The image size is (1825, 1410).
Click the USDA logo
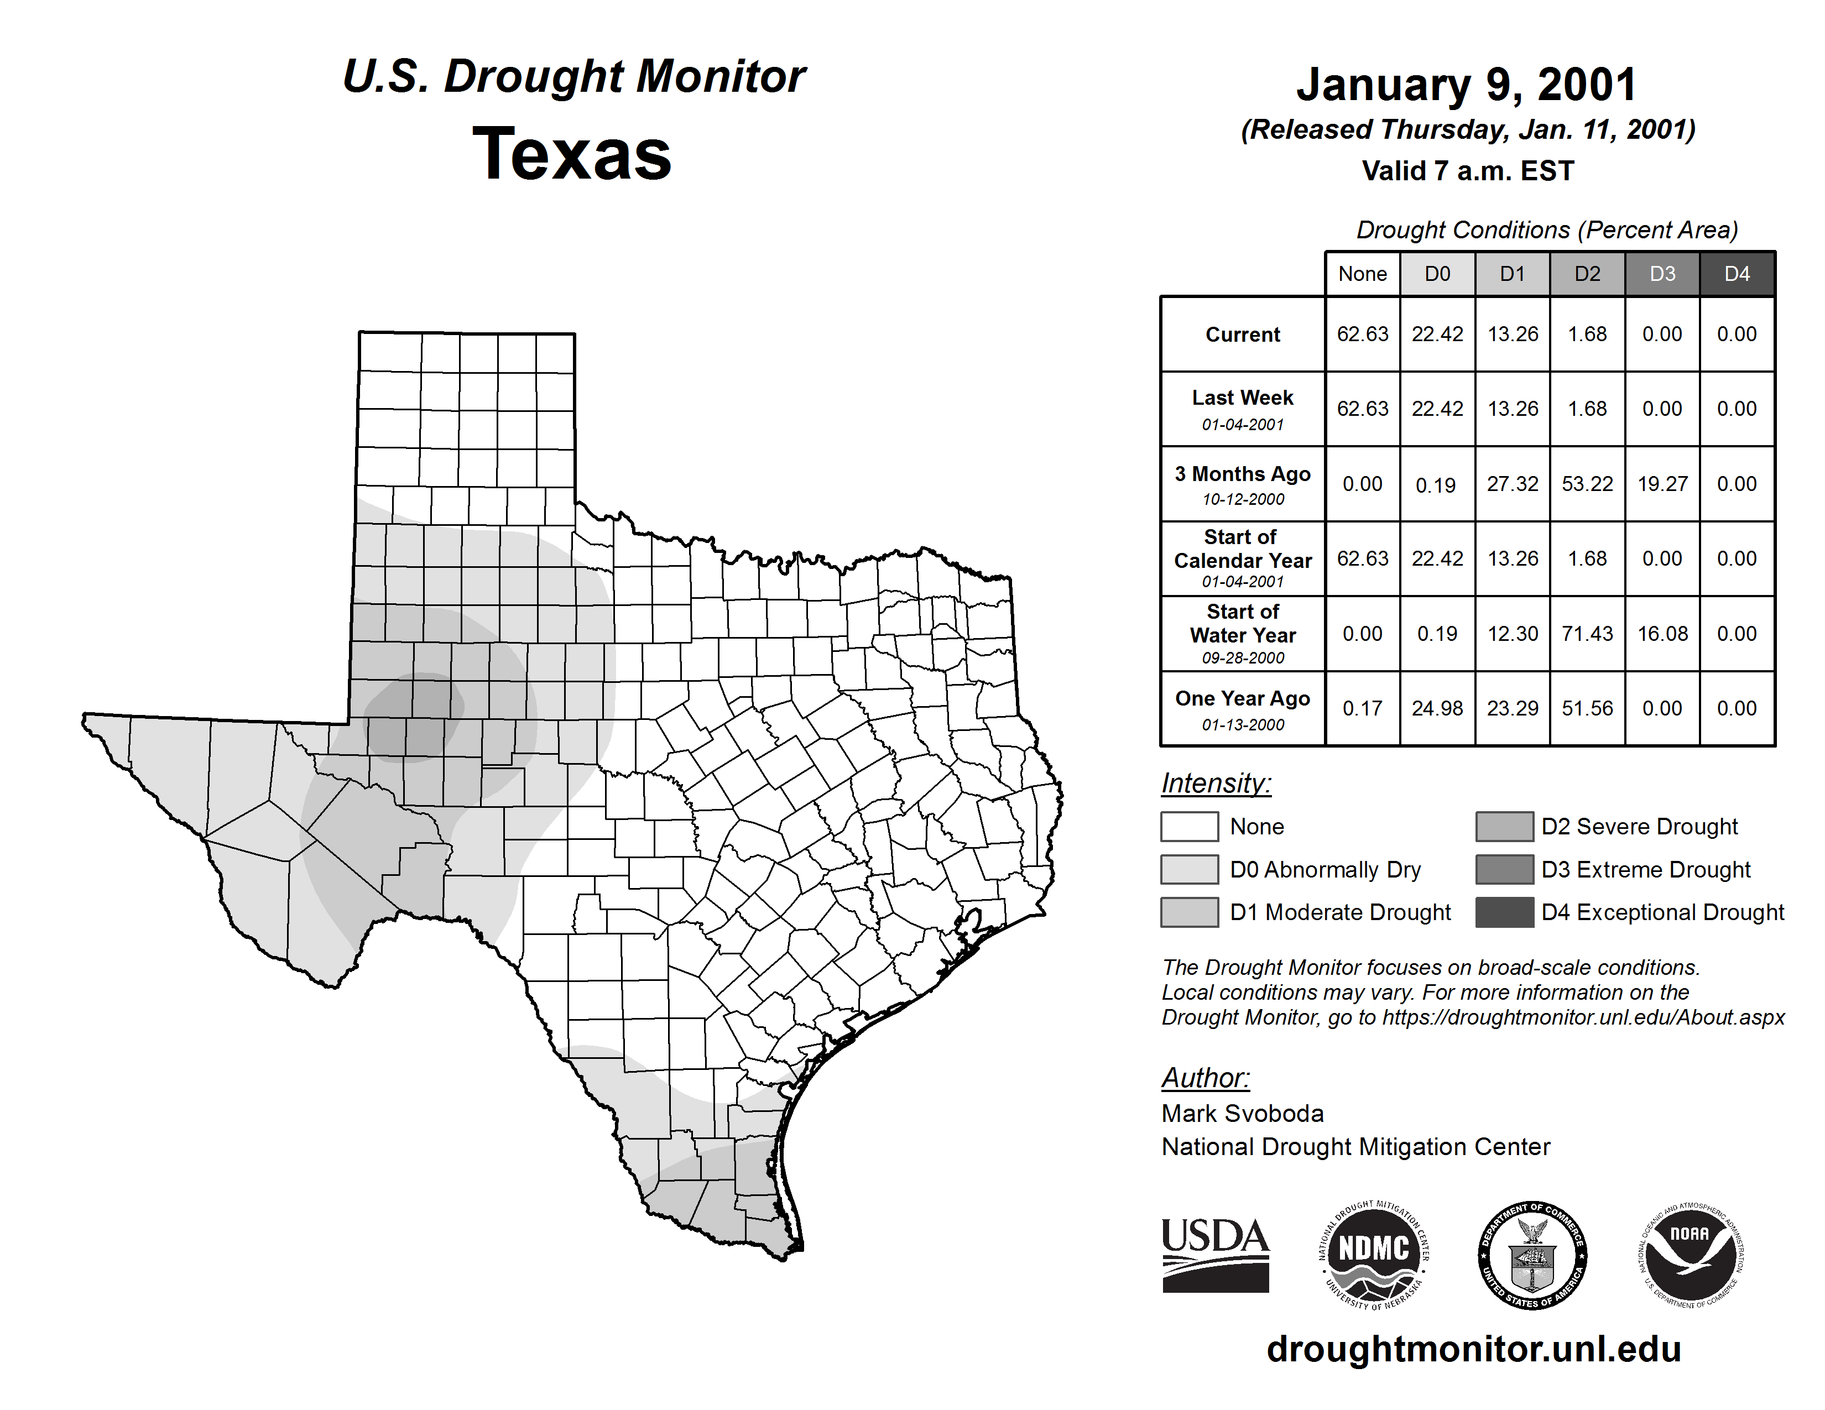click(1215, 1255)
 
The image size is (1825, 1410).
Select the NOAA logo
click(1690, 1255)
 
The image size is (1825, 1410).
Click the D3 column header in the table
click(1662, 274)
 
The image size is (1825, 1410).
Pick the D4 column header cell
click(1737, 274)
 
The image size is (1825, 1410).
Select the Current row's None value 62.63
click(1362, 334)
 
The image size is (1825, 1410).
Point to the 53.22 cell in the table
click(1587, 484)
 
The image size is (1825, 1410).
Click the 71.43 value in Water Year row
click(1587, 634)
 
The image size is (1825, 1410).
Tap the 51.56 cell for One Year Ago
click(1587, 708)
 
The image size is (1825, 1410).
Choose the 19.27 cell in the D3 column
click(1662, 484)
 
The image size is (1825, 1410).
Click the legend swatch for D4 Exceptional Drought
click(1504, 912)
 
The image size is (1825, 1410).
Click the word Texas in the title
click(572, 154)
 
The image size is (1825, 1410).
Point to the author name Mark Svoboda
click(1243, 1114)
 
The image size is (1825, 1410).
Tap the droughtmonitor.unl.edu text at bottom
click(1473, 1349)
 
